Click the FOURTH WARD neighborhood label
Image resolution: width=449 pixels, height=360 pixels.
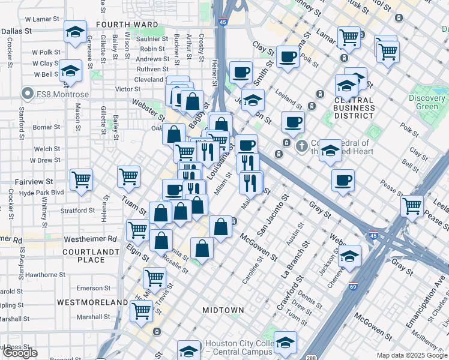127,25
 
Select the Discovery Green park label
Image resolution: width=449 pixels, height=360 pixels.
427,102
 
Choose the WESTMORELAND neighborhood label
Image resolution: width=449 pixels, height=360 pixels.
93,302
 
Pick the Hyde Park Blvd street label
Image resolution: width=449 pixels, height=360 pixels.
41,192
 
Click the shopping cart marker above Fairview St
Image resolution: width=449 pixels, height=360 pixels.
81,179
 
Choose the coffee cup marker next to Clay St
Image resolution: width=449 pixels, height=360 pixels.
288,58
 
